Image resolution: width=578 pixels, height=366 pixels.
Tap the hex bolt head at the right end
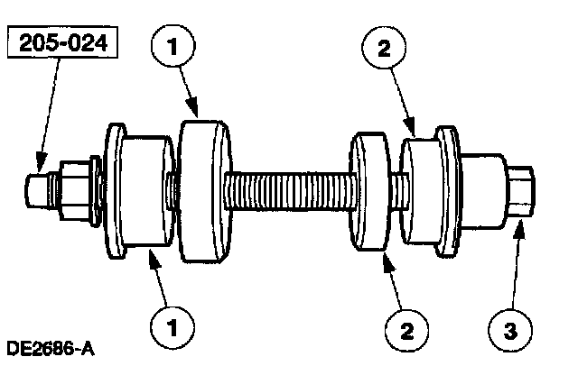[521, 191]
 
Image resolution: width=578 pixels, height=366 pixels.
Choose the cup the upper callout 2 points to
[422, 192]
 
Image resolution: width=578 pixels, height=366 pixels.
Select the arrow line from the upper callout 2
[397, 99]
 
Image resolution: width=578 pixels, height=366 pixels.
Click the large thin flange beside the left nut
[113, 190]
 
